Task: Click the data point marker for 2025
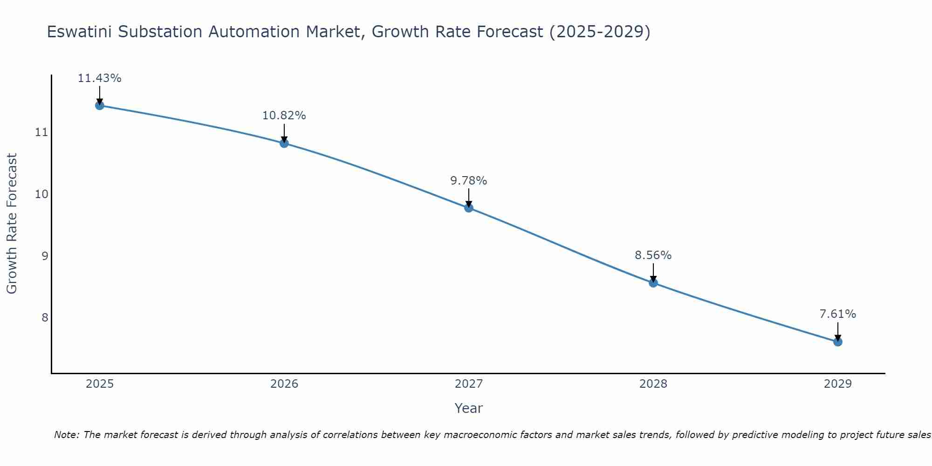[x=99, y=105]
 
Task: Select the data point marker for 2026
[x=284, y=143]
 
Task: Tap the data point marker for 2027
[x=469, y=208]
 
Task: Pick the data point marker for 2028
[x=653, y=283]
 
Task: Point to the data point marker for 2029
[x=837, y=342]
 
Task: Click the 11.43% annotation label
[x=99, y=78]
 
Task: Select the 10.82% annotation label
[x=284, y=116]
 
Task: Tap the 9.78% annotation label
[x=469, y=181]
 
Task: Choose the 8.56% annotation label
[x=653, y=255]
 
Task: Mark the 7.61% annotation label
[x=837, y=314]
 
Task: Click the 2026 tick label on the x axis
[x=284, y=384]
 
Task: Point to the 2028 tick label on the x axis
[x=653, y=384]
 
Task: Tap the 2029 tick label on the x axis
[x=837, y=384]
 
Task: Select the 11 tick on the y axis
[x=42, y=132]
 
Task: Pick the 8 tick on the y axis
[x=45, y=317]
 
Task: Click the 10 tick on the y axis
[x=42, y=194]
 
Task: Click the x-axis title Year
[x=469, y=408]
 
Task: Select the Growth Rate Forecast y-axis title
[x=12, y=224]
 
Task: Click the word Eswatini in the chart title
[x=78, y=32]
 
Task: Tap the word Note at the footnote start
[x=67, y=435]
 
